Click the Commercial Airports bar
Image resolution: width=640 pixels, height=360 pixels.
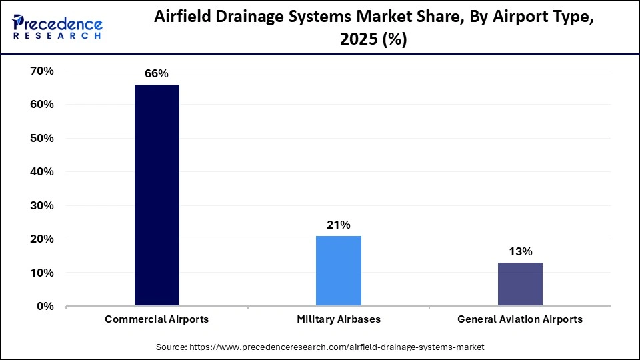pyautogui.click(x=157, y=195)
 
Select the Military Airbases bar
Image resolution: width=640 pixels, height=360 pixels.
pyautogui.click(x=338, y=271)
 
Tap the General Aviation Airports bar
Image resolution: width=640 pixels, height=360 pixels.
pyautogui.click(x=520, y=284)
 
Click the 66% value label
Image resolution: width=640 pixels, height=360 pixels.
pyautogui.click(x=157, y=74)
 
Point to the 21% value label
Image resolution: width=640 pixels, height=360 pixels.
pyautogui.click(x=338, y=225)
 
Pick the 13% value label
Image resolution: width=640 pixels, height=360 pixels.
pyautogui.click(x=520, y=252)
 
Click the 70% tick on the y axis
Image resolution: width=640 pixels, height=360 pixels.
pyautogui.click(x=41, y=71)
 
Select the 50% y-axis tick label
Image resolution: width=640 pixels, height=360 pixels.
pyautogui.click(x=41, y=138)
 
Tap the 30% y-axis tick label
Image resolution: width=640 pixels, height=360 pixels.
pyautogui.click(x=41, y=205)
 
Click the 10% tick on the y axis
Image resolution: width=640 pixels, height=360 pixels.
pyautogui.click(x=41, y=273)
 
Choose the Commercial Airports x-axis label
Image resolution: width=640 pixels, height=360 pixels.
pyautogui.click(x=157, y=319)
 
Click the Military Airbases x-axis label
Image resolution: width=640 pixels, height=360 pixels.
pyautogui.click(x=339, y=319)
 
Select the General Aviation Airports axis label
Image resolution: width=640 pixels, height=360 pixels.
pyautogui.click(x=520, y=319)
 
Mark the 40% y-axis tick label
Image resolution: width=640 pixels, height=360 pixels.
pyautogui.click(x=41, y=171)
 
